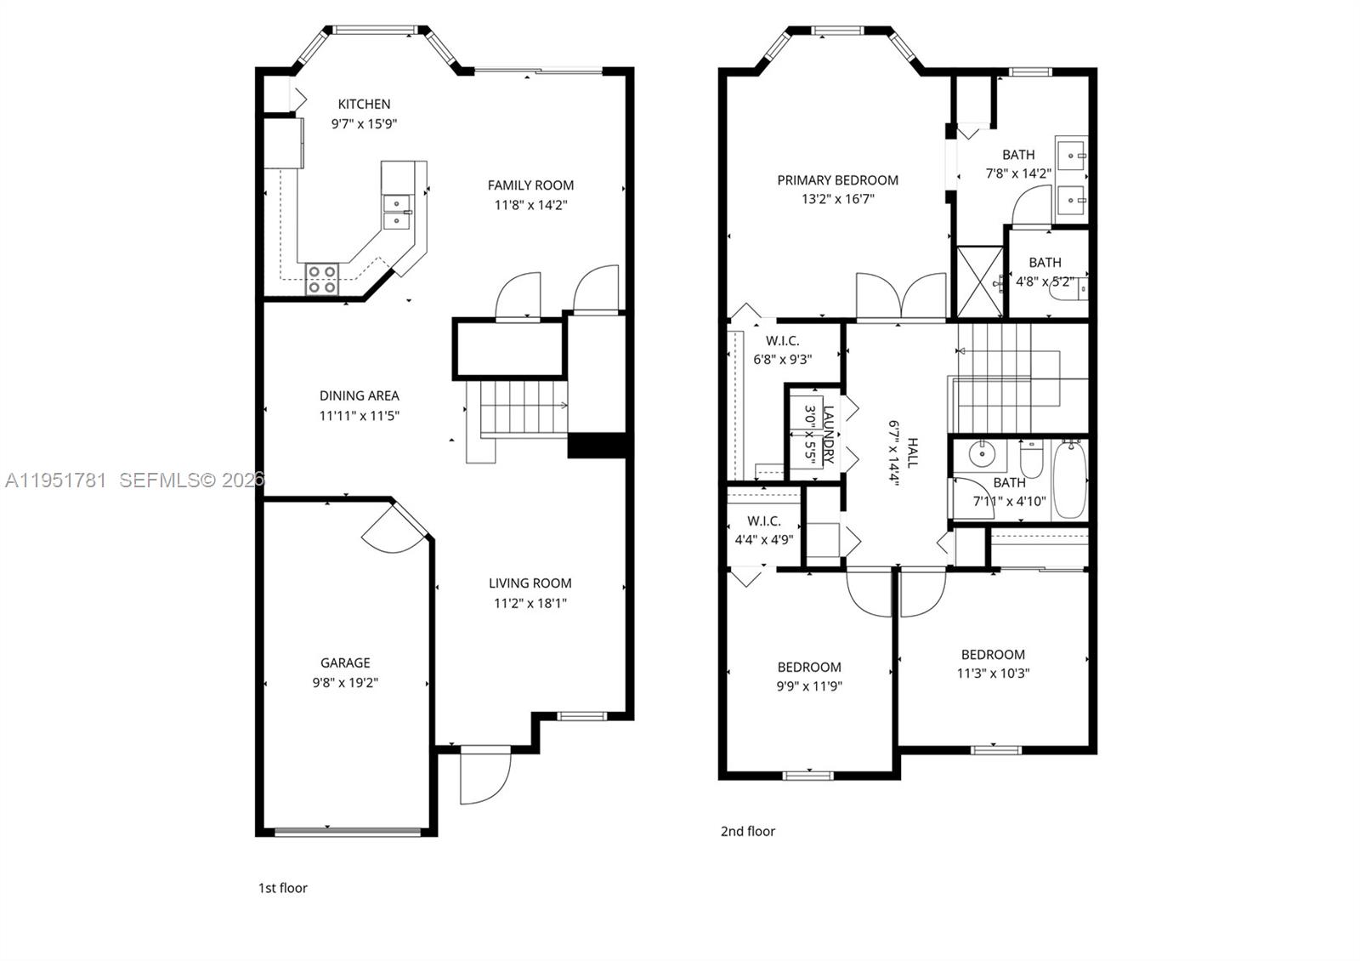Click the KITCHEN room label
click(x=364, y=104)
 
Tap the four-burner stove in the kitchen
click(x=322, y=279)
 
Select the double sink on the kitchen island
click(x=396, y=212)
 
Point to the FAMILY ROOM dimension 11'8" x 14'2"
click(x=530, y=205)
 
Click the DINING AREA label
click(x=359, y=395)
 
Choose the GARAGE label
click(x=345, y=662)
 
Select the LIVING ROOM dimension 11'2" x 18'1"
click(x=530, y=604)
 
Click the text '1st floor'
click(x=282, y=888)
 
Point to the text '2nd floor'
click(x=748, y=831)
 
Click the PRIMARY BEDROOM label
click(x=837, y=180)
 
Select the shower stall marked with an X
click(x=980, y=281)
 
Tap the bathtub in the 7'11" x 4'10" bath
click(x=1070, y=480)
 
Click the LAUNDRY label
click(x=829, y=435)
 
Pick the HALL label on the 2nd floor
click(x=912, y=452)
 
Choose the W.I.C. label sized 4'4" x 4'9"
click(x=763, y=521)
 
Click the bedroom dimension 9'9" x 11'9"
click(x=809, y=686)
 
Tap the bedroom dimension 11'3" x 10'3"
click(x=993, y=674)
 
